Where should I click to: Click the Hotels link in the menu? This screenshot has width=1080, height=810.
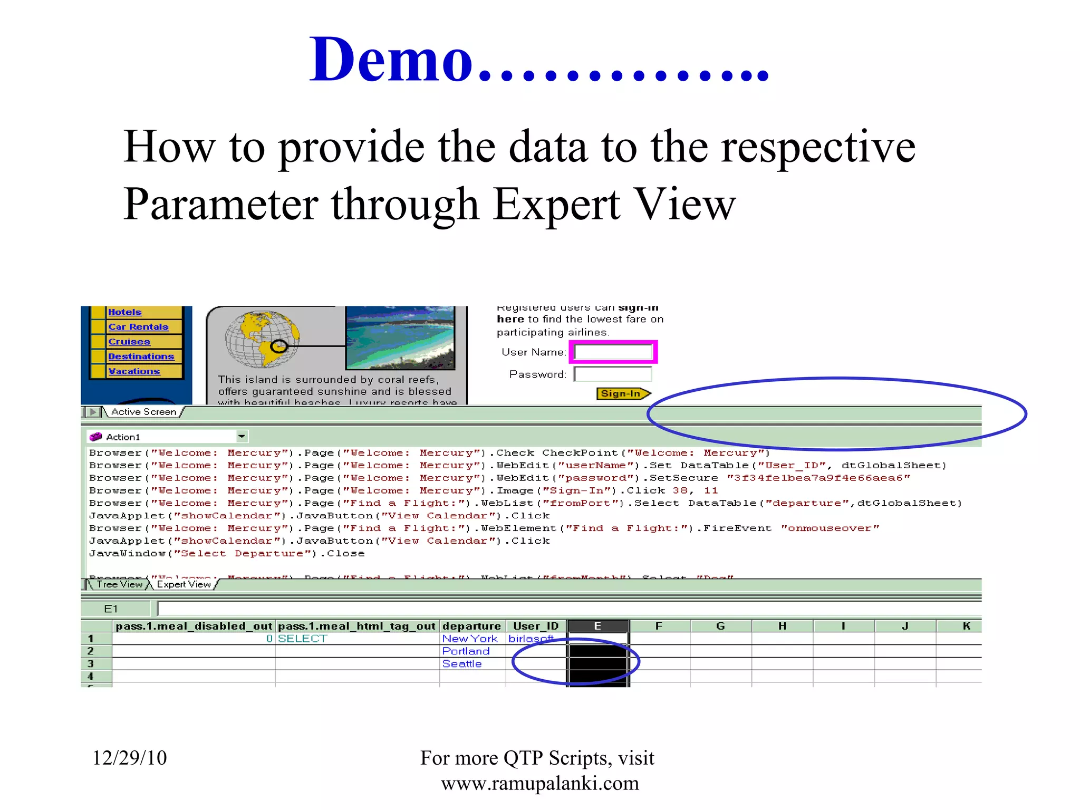coord(125,312)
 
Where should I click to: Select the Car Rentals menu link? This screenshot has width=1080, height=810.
coord(138,327)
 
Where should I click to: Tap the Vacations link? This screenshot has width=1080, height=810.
coord(134,371)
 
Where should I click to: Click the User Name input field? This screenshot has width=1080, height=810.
coord(613,352)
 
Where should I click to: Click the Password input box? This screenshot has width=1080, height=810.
coord(613,374)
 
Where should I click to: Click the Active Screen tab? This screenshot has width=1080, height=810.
coord(143,412)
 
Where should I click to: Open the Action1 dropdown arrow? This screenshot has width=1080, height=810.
coord(242,437)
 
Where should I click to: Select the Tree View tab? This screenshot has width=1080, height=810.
coord(120,584)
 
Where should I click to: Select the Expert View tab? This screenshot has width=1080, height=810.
coord(184,584)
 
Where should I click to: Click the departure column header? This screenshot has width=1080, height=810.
coord(471,626)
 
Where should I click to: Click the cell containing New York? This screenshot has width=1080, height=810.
coord(470,639)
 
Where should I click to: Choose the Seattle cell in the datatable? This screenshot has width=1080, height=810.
coord(462,664)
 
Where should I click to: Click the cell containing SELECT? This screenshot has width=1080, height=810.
coord(303,639)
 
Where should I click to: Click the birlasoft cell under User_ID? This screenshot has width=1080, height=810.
coord(531,639)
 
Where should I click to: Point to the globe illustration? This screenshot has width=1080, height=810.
coord(262,339)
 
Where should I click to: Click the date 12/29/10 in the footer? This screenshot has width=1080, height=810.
coord(130,758)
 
